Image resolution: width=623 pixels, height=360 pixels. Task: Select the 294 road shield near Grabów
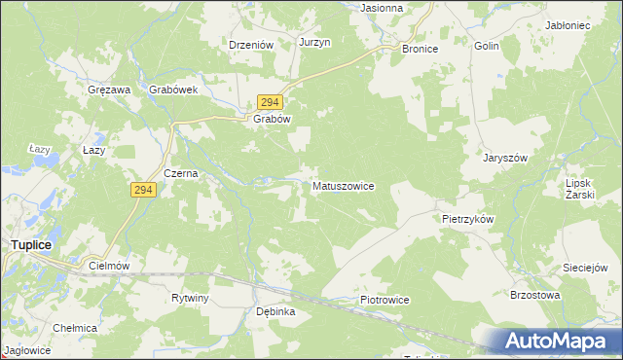point(271,102)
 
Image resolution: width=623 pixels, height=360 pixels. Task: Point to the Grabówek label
point(174,90)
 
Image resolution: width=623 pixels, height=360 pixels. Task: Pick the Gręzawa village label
point(109,90)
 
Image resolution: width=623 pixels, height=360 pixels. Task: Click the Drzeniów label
point(250,44)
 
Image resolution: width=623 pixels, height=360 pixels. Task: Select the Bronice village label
point(420,48)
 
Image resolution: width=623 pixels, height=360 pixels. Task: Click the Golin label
point(487,46)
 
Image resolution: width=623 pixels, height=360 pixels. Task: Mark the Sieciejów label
point(585,267)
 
